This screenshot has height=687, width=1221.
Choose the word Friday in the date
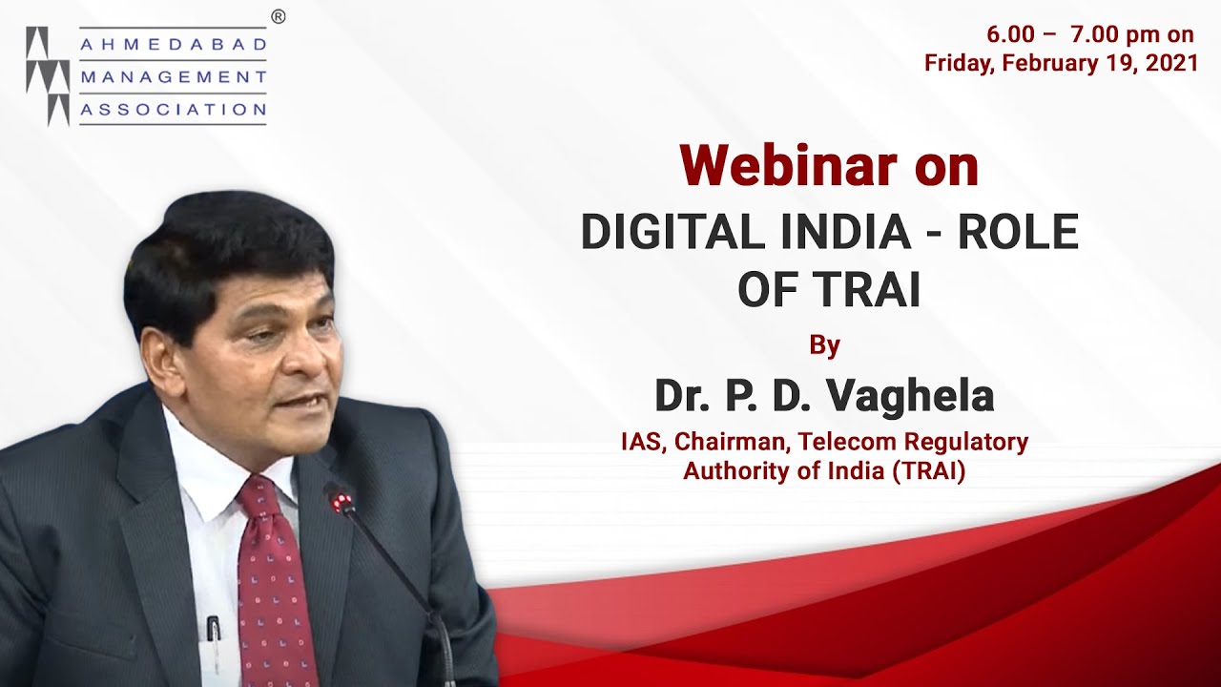click(x=960, y=63)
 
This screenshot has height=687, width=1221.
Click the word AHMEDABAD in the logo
click(x=173, y=45)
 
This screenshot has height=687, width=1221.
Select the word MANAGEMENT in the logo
click(x=173, y=77)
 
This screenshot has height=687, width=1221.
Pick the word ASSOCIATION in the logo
click(x=173, y=110)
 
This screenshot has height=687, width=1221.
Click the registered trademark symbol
click(x=278, y=15)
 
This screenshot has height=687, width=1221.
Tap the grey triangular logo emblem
click(x=48, y=76)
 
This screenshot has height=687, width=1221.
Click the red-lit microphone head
click(x=337, y=496)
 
